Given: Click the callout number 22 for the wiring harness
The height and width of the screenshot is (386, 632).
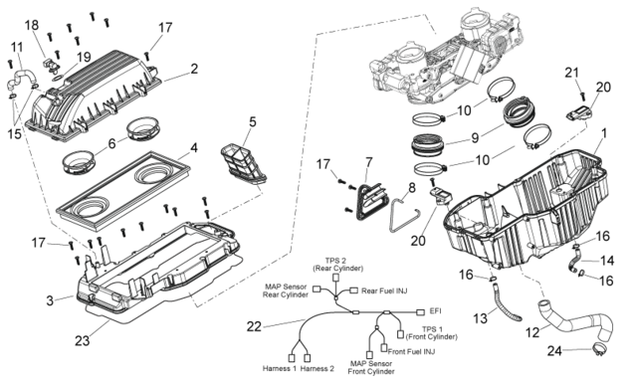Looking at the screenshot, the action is pyautogui.click(x=255, y=326).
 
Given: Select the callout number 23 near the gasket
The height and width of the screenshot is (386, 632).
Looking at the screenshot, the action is pyautogui.click(x=83, y=341).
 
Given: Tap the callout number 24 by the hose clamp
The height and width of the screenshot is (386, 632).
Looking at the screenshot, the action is pyautogui.click(x=554, y=351).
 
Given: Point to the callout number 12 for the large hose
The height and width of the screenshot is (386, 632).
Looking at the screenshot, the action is pyautogui.click(x=532, y=332).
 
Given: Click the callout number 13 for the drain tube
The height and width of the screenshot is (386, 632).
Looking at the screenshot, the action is pyautogui.click(x=480, y=318).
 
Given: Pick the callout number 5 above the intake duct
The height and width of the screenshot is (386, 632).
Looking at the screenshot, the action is pyautogui.click(x=253, y=121).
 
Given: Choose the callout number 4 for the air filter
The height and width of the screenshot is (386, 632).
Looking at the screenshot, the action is pyautogui.click(x=194, y=148).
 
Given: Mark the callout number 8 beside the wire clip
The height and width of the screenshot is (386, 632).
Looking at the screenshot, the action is pyautogui.click(x=411, y=187).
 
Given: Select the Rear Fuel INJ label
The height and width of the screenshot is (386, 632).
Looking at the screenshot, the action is pyautogui.click(x=384, y=290).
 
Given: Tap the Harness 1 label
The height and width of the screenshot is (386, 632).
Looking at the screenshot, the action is pyautogui.click(x=280, y=368).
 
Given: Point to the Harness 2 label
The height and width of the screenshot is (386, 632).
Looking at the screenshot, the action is pyautogui.click(x=317, y=368).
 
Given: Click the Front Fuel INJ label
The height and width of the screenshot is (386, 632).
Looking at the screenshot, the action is pyautogui.click(x=411, y=352).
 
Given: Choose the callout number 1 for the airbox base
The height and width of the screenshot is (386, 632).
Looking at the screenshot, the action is pyautogui.click(x=603, y=133).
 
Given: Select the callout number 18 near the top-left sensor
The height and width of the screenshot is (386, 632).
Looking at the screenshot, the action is pyautogui.click(x=32, y=25).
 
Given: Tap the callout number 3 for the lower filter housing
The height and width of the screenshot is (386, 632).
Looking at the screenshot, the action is pyautogui.click(x=50, y=300).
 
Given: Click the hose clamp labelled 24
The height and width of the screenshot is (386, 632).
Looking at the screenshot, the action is pyautogui.click(x=598, y=350).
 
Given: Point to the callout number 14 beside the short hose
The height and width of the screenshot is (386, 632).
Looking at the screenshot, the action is pyautogui.click(x=606, y=261).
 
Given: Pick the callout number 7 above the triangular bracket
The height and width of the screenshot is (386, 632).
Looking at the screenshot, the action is pyautogui.click(x=369, y=162).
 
